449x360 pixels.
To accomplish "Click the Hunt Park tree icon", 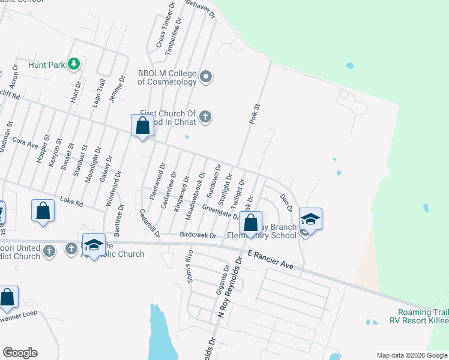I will pos(74,63).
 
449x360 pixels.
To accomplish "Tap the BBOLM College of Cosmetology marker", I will pos(206,76).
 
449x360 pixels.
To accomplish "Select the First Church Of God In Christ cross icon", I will pos(205,116).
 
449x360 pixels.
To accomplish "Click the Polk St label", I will pos(255,114).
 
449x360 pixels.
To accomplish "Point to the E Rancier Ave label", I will pos(268,259).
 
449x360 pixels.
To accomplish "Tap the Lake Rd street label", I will pos(71,203).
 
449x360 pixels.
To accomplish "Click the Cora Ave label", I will pos(25,142).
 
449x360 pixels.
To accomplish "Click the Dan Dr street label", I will pos(286,202).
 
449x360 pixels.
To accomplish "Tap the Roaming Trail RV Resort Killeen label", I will pos(423,316).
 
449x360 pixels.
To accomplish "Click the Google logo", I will pos(20,353).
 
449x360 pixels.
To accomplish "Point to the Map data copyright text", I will pos(412,355).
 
